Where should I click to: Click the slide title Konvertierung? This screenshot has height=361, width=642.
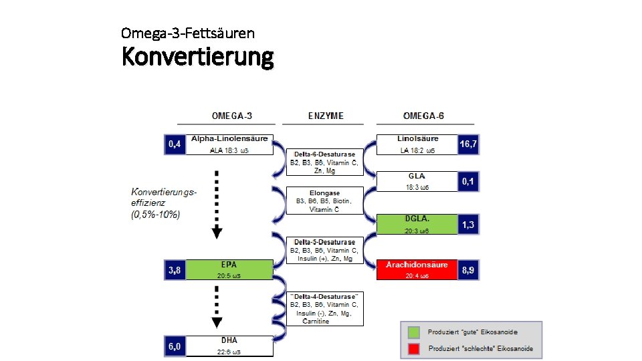197,57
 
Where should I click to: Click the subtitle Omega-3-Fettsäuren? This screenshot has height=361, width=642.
188,32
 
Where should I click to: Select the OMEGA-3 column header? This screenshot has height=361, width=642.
231,116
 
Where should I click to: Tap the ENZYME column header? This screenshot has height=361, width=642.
326,116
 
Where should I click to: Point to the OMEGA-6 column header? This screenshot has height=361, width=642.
423,116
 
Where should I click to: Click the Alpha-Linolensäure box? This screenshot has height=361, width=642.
229,144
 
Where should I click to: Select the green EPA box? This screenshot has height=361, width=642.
229,269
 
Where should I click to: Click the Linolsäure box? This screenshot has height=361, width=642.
417,144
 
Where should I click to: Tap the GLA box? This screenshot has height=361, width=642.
417,181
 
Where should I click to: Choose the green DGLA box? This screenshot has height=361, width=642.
417,224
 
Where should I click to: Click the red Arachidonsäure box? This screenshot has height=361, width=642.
417,269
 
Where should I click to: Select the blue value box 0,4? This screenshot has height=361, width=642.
175,144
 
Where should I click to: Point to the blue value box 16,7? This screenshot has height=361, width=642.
469,144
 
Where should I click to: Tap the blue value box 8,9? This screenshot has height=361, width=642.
469,270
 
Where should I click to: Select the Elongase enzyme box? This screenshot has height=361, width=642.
324,201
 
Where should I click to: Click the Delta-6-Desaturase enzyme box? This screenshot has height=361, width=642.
324,162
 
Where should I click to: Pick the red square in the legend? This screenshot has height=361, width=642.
415,348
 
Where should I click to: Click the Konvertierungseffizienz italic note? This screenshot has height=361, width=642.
164,203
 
